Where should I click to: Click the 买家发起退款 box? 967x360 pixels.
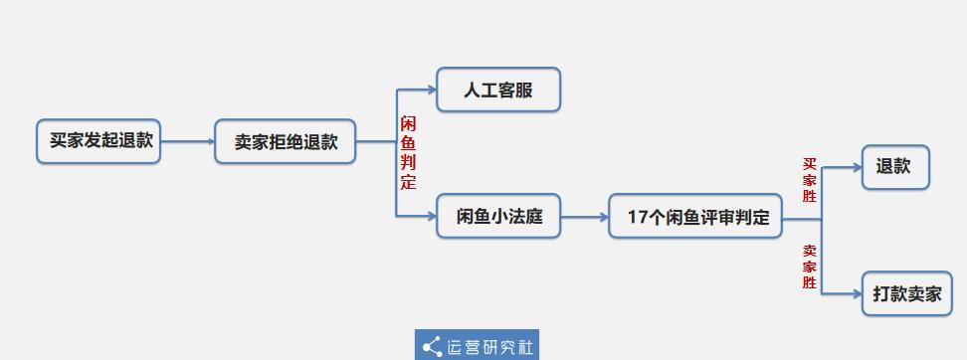point(98,141)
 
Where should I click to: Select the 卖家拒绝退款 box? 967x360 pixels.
point(286,141)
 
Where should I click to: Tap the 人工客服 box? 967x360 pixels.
point(498,90)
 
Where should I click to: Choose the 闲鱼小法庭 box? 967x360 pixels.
point(498,216)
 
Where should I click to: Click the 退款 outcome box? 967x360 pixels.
point(894,167)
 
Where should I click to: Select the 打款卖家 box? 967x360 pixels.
point(906,293)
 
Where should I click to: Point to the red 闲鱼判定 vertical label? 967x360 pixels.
point(408,153)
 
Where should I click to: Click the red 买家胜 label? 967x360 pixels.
point(810,180)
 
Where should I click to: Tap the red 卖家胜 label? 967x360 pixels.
point(810,267)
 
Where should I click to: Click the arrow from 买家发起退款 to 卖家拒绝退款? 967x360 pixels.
point(187,141)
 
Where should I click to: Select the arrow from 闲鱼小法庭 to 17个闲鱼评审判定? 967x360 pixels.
point(585,216)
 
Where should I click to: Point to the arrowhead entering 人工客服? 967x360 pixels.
point(431,90)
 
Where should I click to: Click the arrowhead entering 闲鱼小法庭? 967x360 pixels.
point(431,216)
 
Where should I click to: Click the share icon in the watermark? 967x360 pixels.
point(432,346)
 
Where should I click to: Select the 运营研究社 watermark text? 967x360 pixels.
point(490,346)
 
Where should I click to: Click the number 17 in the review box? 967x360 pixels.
point(638,217)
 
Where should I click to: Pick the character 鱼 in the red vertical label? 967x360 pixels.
point(408,143)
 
